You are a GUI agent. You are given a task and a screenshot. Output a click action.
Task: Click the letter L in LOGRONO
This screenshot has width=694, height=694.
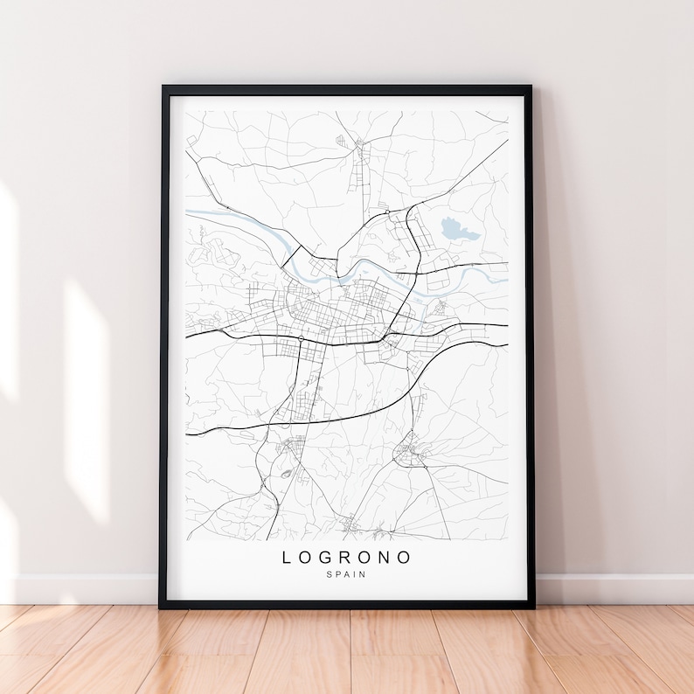point(288,557)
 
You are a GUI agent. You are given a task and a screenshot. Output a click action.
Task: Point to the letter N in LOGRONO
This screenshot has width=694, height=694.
point(385,557)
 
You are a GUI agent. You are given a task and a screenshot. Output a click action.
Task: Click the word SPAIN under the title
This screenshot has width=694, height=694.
point(346,574)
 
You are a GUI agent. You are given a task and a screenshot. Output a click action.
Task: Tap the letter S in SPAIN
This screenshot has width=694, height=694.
point(329,574)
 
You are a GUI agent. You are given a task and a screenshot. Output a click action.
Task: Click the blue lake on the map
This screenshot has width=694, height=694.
point(459,231)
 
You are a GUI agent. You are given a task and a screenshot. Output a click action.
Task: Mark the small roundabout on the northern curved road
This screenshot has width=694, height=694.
point(386,212)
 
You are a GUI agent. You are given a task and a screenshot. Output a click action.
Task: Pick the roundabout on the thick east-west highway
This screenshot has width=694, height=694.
point(300,337)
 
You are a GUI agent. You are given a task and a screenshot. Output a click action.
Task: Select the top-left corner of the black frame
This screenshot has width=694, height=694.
point(163,87)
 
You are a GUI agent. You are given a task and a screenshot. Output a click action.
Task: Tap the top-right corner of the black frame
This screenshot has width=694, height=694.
point(530,87)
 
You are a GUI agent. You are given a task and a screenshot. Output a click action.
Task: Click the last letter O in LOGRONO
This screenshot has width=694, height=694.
point(405,557)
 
